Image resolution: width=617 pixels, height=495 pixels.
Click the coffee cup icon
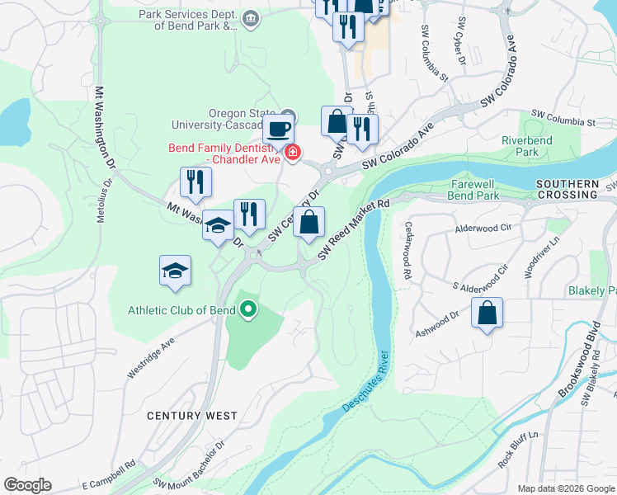[x=278, y=130]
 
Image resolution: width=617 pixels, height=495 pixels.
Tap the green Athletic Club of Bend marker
[x=248, y=311]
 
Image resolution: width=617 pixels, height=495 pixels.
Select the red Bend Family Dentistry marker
[x=291, y=152]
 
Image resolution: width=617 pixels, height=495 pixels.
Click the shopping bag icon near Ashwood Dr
[x=487, y=313]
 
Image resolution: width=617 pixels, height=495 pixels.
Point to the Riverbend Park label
[x=527, y=146]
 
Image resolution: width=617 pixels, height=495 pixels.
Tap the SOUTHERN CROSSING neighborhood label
[x=566, y=189]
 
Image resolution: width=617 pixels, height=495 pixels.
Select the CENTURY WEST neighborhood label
[x=192, y=416]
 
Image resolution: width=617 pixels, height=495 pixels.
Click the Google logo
[x=27, y=485]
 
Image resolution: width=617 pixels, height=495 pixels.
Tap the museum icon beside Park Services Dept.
[x=251, y=17]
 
